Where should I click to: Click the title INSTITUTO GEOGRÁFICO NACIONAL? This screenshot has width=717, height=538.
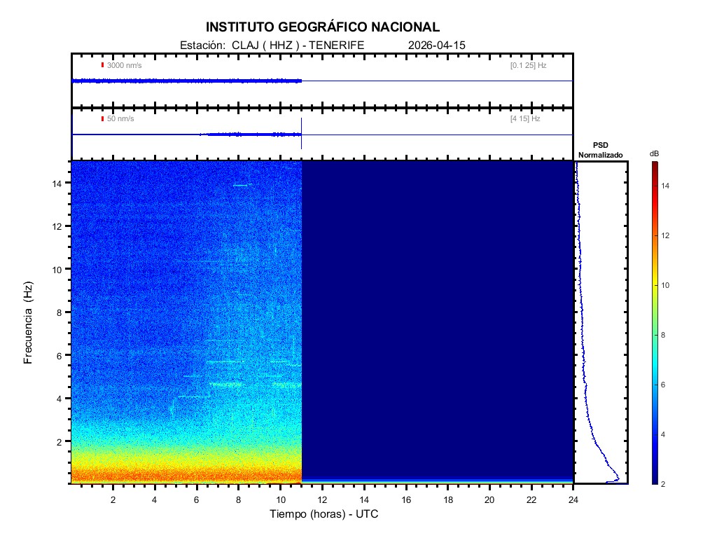point(323,27)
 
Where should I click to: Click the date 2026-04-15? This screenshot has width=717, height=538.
point(436,45)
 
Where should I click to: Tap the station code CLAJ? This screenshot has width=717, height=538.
point(246,45)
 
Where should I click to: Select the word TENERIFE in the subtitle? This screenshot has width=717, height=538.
point(337,45)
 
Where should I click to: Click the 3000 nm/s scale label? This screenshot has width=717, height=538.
point(125,65)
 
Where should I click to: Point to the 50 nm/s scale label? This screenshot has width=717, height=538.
point(120,119)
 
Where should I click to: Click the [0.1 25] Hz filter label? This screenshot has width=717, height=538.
point(528,65)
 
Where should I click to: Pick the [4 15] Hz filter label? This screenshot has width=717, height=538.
point(525,119)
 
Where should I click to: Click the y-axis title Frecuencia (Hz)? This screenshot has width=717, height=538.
point(29,323)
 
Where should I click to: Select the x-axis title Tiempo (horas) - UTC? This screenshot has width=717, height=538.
point(324,514)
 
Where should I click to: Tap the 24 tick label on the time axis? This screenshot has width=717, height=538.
point(573,499)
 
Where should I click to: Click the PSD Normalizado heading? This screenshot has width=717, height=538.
point(600,150)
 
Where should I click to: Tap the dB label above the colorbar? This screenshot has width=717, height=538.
point(654,153)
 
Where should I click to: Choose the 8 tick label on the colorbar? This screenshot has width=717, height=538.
point(667,336)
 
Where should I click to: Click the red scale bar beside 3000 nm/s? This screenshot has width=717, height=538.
point(102,65)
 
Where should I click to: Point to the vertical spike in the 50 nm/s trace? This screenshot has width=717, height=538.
point(301,133)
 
